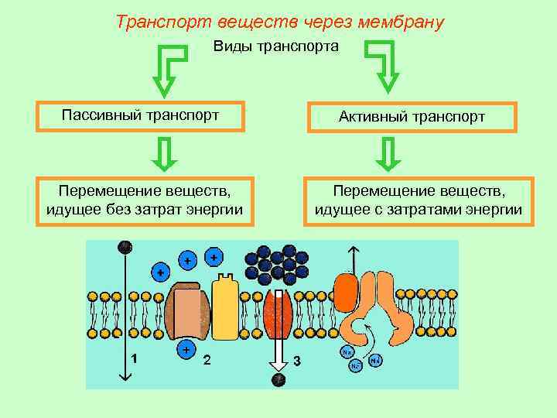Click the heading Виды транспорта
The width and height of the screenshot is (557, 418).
[x=276, y=47]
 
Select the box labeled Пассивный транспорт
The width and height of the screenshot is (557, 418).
[x=141, y=116]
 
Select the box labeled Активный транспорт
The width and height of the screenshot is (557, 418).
[x=412, y=117]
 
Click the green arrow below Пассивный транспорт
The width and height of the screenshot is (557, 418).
[x=164, y=153]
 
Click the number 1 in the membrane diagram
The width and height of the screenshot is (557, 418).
[x=135, y=358]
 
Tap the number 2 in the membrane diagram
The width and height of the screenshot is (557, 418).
[x=207, y=360]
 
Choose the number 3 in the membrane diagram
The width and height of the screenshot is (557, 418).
[x=297, y=361]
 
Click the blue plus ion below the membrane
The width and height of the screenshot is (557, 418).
[x=186, y=350]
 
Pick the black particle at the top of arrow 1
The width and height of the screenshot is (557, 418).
[x=124, y=247]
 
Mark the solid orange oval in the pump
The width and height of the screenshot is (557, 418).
[x=346, y=294]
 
